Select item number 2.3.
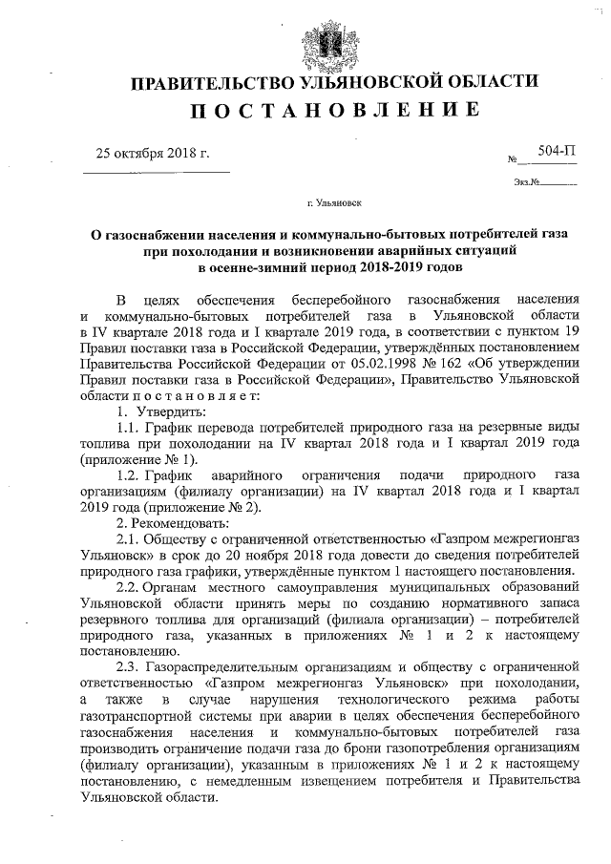click(x=128, y=668)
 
